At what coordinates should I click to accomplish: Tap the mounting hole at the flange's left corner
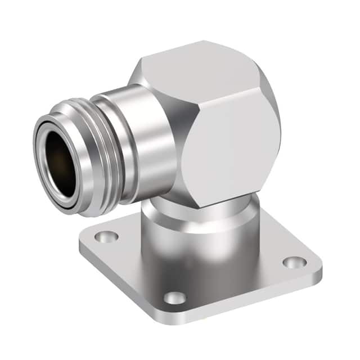tap(106, 237)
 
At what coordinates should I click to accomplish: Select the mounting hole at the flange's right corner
tap(294, 262)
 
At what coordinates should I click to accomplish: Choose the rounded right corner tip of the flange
tap(318, 264)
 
